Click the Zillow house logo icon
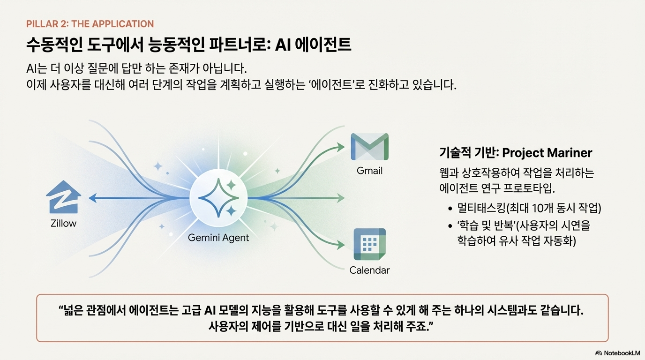pyautogui.click(x=63, y=197)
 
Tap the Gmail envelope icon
pyautogui.click(x=369, y=147)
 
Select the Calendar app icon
pyautogui.click(x=370, y=244)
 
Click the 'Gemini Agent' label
pyautogui.click(x=218, y=238)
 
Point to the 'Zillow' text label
pyautogui.click(x=63, y=223)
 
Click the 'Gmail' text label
pyautogui.click(x=369, y=171)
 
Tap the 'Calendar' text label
pyautogui.click(x=369, y=270)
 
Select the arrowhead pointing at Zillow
pyautogui.click(x=93, y=198)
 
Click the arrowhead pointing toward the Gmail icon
pyautogui.click(x=341, y=147)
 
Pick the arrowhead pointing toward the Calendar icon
pyautogui.click(x=341, y=245)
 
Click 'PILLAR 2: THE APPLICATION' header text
pyautogui.click(x=90, y=23)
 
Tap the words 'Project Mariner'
pyautogui.click(x=547, y=153)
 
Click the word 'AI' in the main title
pyautogui.click(x=283, y=45)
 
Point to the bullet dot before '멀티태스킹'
pyautogui.click(x=450, y=209)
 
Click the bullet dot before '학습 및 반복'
pyautogui.click(x=450, y=226)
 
